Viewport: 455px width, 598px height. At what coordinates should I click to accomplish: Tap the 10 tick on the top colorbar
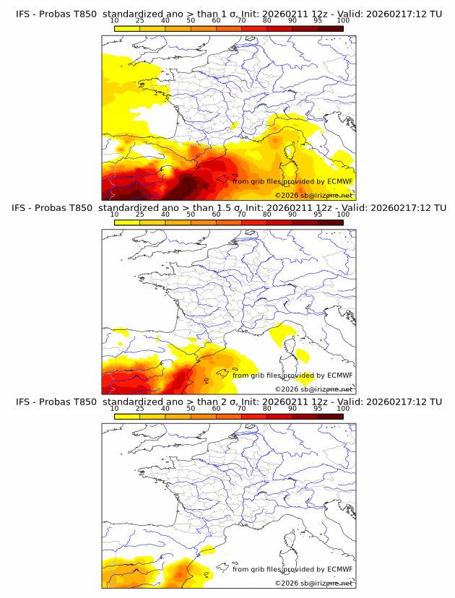click(x=114, y=20)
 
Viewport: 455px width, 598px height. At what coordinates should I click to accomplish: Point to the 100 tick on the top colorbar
click(x=344, y=20)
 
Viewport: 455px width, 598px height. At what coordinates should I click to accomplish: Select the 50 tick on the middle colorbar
click(x=191, y=214)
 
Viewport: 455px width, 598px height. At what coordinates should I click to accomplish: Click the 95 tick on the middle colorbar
click(x=318, y=214)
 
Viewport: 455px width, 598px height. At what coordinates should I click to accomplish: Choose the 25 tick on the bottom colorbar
click(x=139, y=408)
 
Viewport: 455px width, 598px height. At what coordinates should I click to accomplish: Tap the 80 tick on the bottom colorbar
click(x=267, y=408)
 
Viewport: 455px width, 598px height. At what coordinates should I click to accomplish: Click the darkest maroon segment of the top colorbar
click(x=331, y=29)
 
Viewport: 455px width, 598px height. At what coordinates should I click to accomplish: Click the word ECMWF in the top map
click(x=340, y=181)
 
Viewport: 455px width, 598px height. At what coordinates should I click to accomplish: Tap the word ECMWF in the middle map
click(x=340, y=375)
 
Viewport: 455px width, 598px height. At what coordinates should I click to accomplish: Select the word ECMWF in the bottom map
click(x=340, y=569)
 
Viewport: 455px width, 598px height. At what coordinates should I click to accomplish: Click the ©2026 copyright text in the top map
click(x=287, y=195)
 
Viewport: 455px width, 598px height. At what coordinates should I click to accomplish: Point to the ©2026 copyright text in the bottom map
click(x=287, y=583)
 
